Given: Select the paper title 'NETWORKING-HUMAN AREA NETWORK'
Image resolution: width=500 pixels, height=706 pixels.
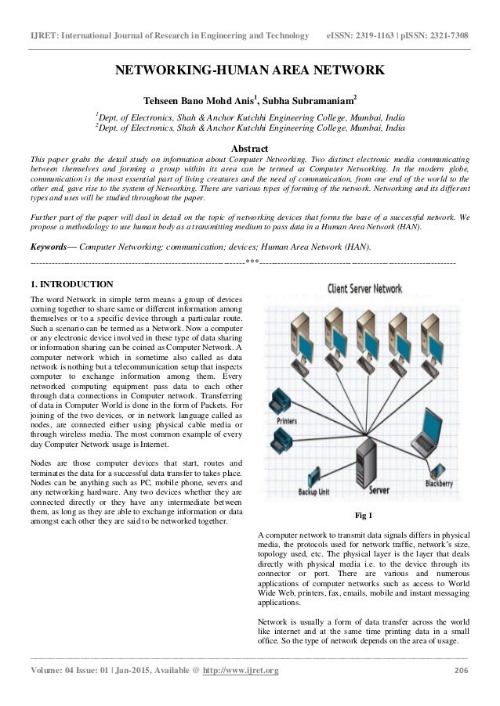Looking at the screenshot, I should [250, 73].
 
